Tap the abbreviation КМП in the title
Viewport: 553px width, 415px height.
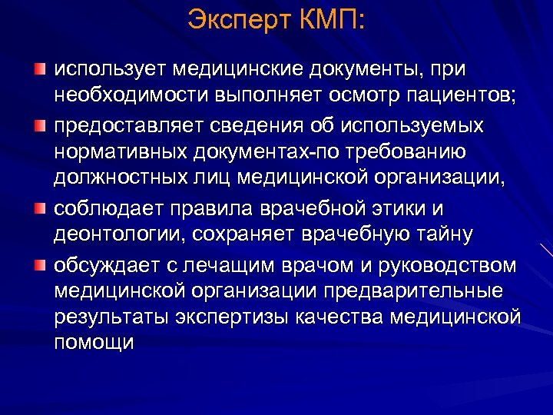coord(333,20)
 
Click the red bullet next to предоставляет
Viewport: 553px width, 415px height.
coord(39,124)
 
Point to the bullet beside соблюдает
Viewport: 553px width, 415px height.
coord(39,209)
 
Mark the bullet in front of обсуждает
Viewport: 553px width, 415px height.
coord(39,265)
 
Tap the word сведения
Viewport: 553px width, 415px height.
coord(261,124)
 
